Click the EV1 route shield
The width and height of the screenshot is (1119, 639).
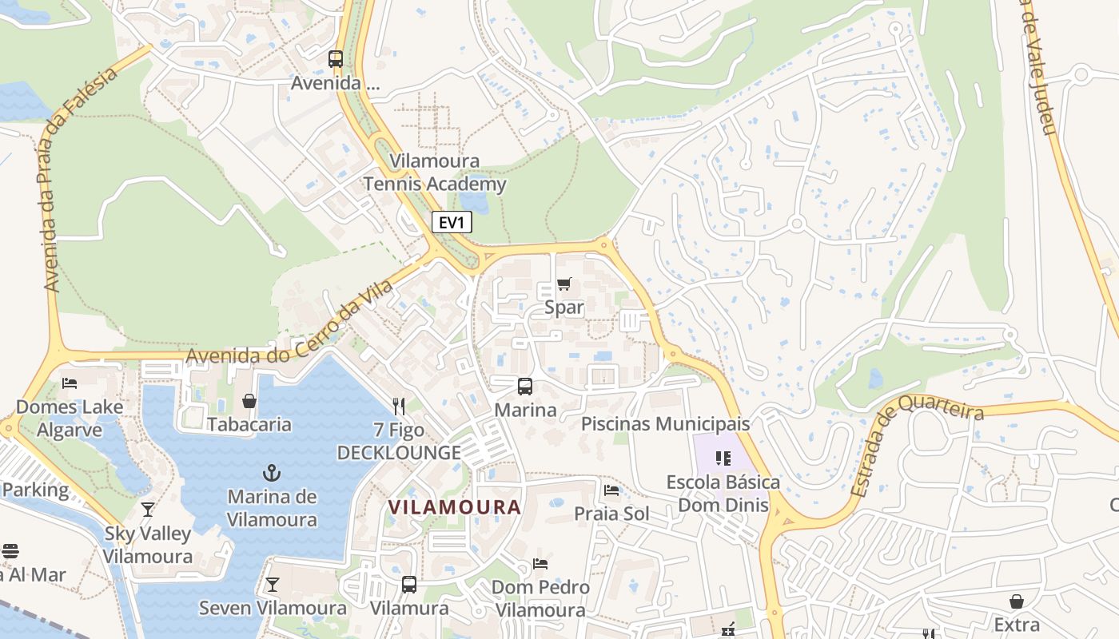point(452,223)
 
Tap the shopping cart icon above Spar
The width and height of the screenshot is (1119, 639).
point(564,284)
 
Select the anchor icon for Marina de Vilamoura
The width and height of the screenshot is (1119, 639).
point(272,473)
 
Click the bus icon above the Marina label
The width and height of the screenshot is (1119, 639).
point(525,387)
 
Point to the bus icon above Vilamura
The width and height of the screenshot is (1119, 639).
point(409,585)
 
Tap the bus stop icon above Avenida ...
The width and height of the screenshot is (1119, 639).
point(336,58)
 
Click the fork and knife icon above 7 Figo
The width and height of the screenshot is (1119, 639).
point(400,407)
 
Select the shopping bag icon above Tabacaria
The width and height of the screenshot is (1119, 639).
point(249,400)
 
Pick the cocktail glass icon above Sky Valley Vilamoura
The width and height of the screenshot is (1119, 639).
point(148,510)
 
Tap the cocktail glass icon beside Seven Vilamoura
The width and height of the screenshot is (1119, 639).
point(273,585)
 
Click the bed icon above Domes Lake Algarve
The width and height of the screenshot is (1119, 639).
point(70,383)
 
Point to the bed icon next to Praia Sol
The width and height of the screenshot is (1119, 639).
point(612,490)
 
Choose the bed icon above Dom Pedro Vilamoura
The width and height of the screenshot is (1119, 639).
point(540,564)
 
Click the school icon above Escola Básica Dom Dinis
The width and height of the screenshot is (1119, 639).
point(723,458)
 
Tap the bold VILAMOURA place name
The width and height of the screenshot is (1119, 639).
point(454,507)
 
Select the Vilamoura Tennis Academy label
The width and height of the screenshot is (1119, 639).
point(435,173)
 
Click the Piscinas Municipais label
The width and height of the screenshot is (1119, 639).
point(665,424)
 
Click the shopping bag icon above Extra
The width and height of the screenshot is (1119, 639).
point(1017,601)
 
